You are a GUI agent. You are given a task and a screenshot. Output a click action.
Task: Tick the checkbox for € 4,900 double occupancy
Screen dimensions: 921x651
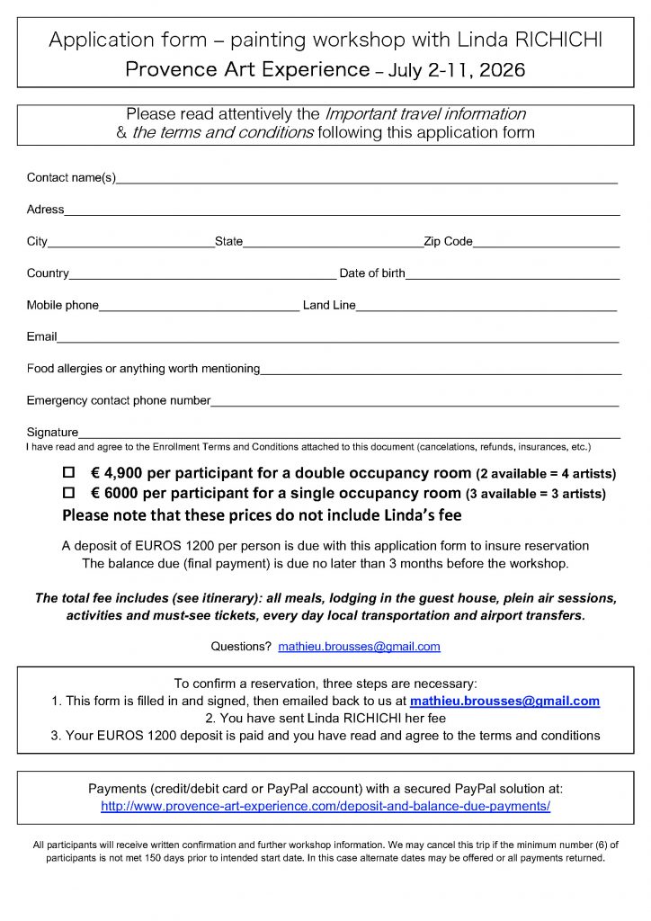pyautogui.click(x=68, y=472)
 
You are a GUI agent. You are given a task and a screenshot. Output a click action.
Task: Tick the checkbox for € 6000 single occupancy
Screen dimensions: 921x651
pyautogui.click(x=68, y=493)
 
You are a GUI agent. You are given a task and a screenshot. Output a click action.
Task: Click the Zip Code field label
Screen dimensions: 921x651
pyautogui.click(x=448, y=241)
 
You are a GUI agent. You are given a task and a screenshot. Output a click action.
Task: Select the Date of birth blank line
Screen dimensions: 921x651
pyautogui.click(x=513, y=276)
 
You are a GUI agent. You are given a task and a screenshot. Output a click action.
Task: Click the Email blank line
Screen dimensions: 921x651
pyautogui.click(x=338, y=340)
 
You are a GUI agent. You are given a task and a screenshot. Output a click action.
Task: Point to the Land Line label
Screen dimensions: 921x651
pyautogui.click(x=329, y=305)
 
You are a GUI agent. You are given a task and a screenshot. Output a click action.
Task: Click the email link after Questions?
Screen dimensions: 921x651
pyautogui.click(x=359, y=646)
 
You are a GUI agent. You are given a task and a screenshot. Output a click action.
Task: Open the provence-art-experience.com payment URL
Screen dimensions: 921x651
pyautogui.click(x=325, y=806)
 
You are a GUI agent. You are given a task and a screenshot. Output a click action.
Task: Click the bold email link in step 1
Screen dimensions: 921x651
pyautogui.click(x=504, y=701)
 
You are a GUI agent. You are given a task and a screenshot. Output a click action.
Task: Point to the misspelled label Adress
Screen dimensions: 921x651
pyautogui.click(x=45, y=210)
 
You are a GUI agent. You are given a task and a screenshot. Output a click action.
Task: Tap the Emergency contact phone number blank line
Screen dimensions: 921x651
pyautogui.click(x=415, y=404)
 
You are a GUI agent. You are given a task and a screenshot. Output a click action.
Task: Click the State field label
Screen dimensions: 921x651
pyautogui.click(x=228, y=241)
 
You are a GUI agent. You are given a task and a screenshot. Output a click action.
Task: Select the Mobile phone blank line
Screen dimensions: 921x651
pyautogui.click(x=199, y=308)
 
